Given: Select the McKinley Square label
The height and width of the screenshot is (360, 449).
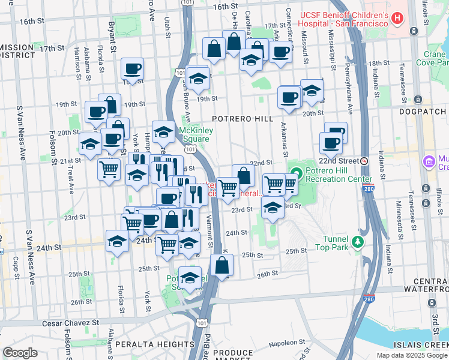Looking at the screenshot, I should (x=193, y=135).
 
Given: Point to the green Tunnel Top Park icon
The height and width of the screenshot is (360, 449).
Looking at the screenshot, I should (x=358, y=241).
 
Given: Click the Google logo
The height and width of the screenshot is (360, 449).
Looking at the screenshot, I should (x=20, y=353).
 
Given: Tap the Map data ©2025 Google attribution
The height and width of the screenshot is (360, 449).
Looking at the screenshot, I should (x=412, y=355).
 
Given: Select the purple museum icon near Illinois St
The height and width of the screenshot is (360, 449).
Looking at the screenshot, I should (x=429, y=161).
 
